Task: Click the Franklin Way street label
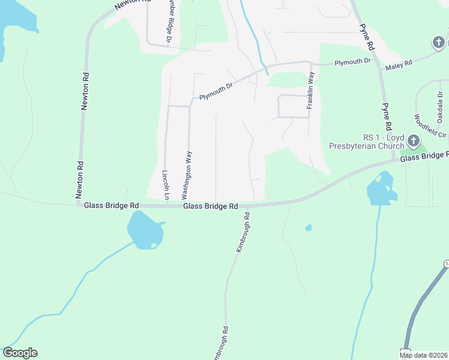pyautogui.click(x=310, y=90)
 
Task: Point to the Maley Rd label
pyautogui.click(x=399, y=63)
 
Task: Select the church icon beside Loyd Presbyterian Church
pyautogui.click(x=413, y=141)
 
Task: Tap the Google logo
pyautogui.click(x=20, y=353)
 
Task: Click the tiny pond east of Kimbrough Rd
pyautogui.click(x=309, y=227)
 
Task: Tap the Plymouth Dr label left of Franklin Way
pyautogui.click(x=216, y=91)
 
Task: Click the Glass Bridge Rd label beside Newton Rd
pyautogui.click(x=111, y=205)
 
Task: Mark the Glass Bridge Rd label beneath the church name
pyautogui.click(x=424, y=156)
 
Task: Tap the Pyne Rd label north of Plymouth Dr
pyautogui.click(x=366, y=37)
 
